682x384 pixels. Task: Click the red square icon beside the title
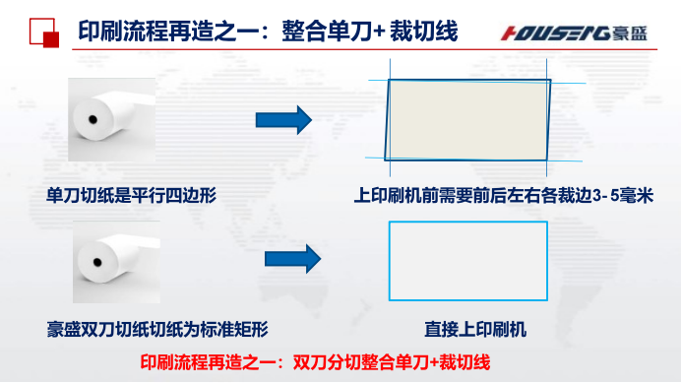click(x=44, y=32)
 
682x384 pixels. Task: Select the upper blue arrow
click(x=283, y=121)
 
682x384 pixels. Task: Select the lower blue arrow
click(x=293, y=259)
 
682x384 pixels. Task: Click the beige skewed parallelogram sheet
click(x=468, y=119)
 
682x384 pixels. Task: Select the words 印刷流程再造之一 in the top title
click(x=157, y=32)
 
